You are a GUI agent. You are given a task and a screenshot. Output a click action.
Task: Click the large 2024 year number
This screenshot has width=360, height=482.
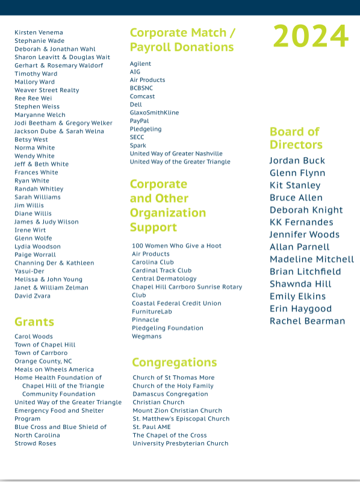(x=311, y=37)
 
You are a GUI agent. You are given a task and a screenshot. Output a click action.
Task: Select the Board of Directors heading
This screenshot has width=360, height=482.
(x=296, y=138)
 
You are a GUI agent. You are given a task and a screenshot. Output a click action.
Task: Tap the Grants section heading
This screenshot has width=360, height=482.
(x=34, y=321)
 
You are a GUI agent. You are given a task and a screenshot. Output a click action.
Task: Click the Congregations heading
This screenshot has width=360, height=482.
(x=174, y=362)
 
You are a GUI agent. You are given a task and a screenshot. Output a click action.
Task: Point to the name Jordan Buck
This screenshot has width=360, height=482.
(x=297, y=161)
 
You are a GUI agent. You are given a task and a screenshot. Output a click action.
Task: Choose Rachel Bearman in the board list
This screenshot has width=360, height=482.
(x=307, y=321)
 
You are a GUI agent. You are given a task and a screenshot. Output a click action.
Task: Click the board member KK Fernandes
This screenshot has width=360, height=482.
(x=301, y=222)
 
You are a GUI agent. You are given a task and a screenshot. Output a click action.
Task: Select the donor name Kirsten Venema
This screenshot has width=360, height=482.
(x=39, y=32)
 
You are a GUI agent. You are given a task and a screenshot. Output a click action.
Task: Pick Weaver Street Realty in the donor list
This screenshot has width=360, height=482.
(x=47, y=90)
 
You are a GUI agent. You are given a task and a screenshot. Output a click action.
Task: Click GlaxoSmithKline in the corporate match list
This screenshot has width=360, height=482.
(x=154, y=113)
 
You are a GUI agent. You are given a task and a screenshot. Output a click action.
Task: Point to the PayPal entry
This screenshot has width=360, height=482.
(x=139, y=121)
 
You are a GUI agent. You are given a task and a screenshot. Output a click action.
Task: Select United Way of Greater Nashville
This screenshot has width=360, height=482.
(x=176, y=153)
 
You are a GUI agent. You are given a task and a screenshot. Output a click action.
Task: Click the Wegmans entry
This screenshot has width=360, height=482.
(x=147, y=336)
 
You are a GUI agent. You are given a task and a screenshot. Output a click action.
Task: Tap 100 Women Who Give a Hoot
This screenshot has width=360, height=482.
(x=176, y=246)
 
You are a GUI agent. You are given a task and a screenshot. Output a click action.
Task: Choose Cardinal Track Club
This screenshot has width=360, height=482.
(x=161, y=271)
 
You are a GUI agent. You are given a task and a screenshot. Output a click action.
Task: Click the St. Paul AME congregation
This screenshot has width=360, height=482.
(x=152, y=427)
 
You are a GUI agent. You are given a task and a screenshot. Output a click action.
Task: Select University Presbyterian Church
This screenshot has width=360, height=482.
(x=181, y=443)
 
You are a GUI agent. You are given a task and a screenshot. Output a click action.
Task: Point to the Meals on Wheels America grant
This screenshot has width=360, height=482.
(x=54, y=369)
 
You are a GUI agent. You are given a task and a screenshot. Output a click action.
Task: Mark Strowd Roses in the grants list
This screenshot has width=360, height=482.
(x=36, y=443)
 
